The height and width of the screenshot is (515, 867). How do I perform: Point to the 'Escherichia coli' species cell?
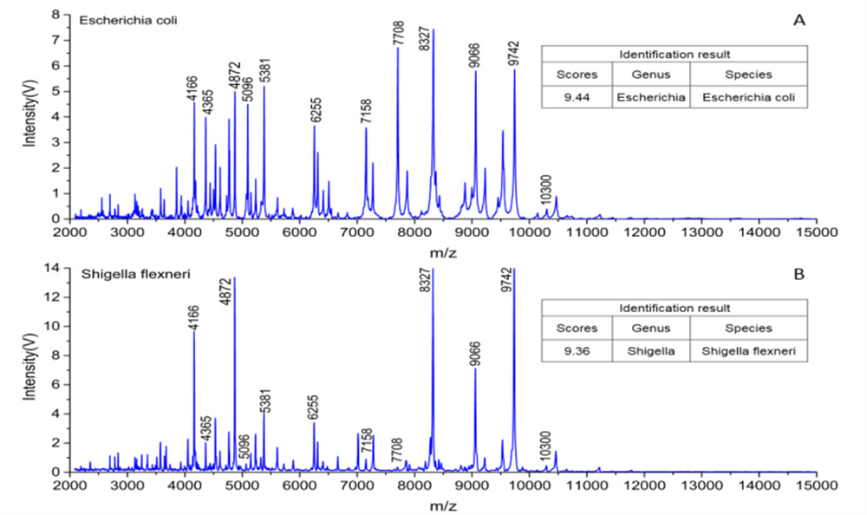pos(749,97)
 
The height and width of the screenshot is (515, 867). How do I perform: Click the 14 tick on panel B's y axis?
pos(54,268)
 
